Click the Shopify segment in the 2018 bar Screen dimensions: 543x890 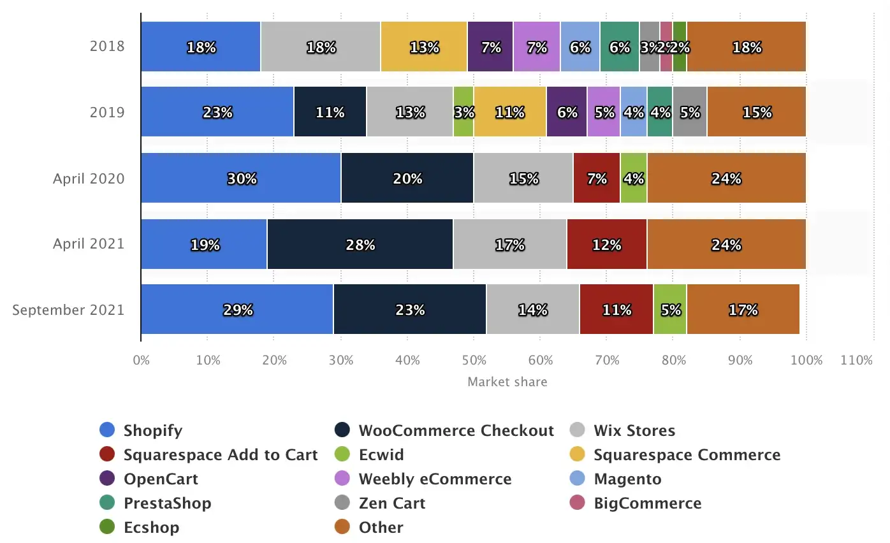pyautogui.click(x=200, y=47)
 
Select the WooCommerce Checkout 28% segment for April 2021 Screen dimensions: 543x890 pyautogui.click(x=360, y=244)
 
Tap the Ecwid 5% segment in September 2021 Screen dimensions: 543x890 pyautogui.click(x=670, y=310)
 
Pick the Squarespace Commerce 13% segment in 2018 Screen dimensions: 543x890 pyautogui.click(x=424, y=47)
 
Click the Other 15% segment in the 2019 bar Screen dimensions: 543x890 pyautogui.click(x=757, y=112)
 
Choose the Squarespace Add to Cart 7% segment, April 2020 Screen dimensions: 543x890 pyautogui.click(x=597, y=178)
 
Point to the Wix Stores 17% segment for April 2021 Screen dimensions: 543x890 pyautogui.click(x=510, y=244)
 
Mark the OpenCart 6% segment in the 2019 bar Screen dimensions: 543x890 pyautogui.click(x=567, y=112)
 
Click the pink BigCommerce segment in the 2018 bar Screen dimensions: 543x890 pyautogui.click(x=666, y=47)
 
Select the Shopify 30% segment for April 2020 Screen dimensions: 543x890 pyautogui.click(x=241, y=178)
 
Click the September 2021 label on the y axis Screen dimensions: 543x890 pyautogui.click(x=68, y=310)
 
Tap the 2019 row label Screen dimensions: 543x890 pyautogui.click(x=108, y=113)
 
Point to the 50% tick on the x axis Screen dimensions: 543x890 pyautogui.click(x=474, y=360)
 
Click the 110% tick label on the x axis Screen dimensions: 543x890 pyautogui.click(x=856, y=360)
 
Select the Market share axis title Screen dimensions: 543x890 pyautogui.click(x=507, y=382)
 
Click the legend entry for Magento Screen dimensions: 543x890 pyautogui.click(x=627, y=479)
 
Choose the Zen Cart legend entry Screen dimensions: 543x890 pyautogui.click(x=391, y=503)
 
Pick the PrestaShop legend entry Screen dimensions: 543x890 pyautogui.click(x=167, y=503)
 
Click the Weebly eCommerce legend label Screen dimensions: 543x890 pyautogui.click(x=435, y=479)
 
